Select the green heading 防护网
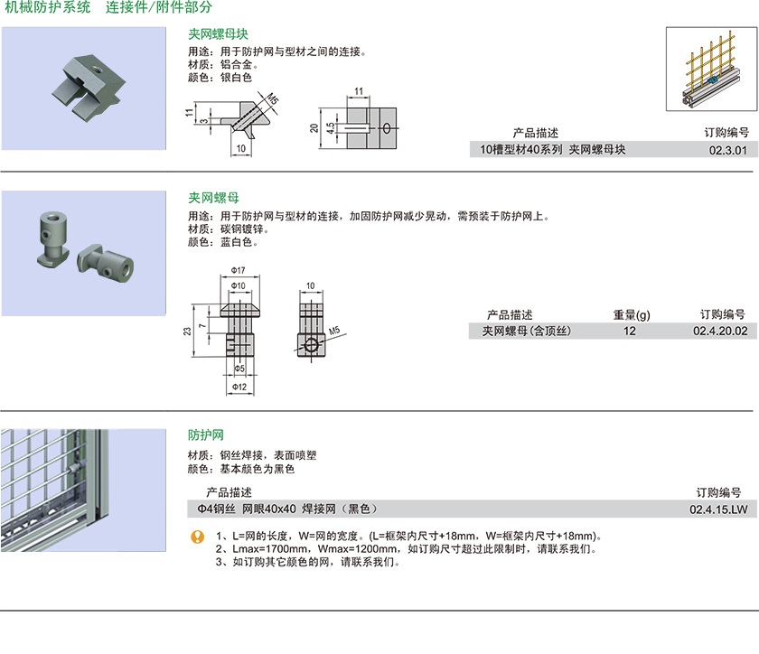point(206,434)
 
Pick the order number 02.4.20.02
point(720,332)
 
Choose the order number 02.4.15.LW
point(718,509)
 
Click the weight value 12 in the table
point(630,332)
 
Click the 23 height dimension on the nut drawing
point(186,332)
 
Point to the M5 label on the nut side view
point(334,332)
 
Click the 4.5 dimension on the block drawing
point(331,127)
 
